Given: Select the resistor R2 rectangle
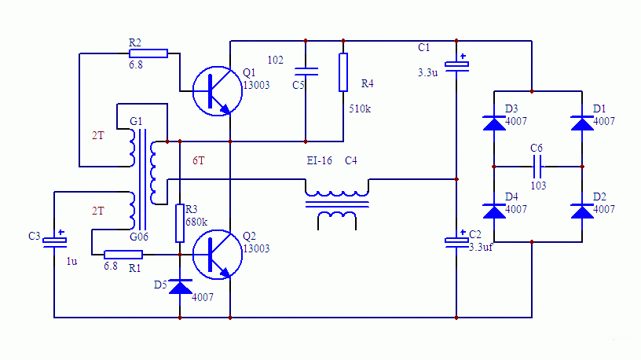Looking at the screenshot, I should click(148, 53).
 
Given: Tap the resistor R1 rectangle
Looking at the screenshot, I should click(123, 254).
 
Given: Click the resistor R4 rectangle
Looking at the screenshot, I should click(343, 72).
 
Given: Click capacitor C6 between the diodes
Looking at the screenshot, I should click(538, 167).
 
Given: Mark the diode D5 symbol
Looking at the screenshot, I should click(181, 287).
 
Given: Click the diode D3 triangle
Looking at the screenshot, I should click(494, 122).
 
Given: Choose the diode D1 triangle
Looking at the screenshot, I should click(582, 122).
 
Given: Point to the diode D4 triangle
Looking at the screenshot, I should click(494, 211).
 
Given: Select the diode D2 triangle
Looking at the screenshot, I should click(582, 211).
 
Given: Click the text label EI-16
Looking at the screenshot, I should click(319, 160).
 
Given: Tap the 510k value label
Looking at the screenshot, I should click(359, 109).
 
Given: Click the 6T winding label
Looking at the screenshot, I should click(199, 160).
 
